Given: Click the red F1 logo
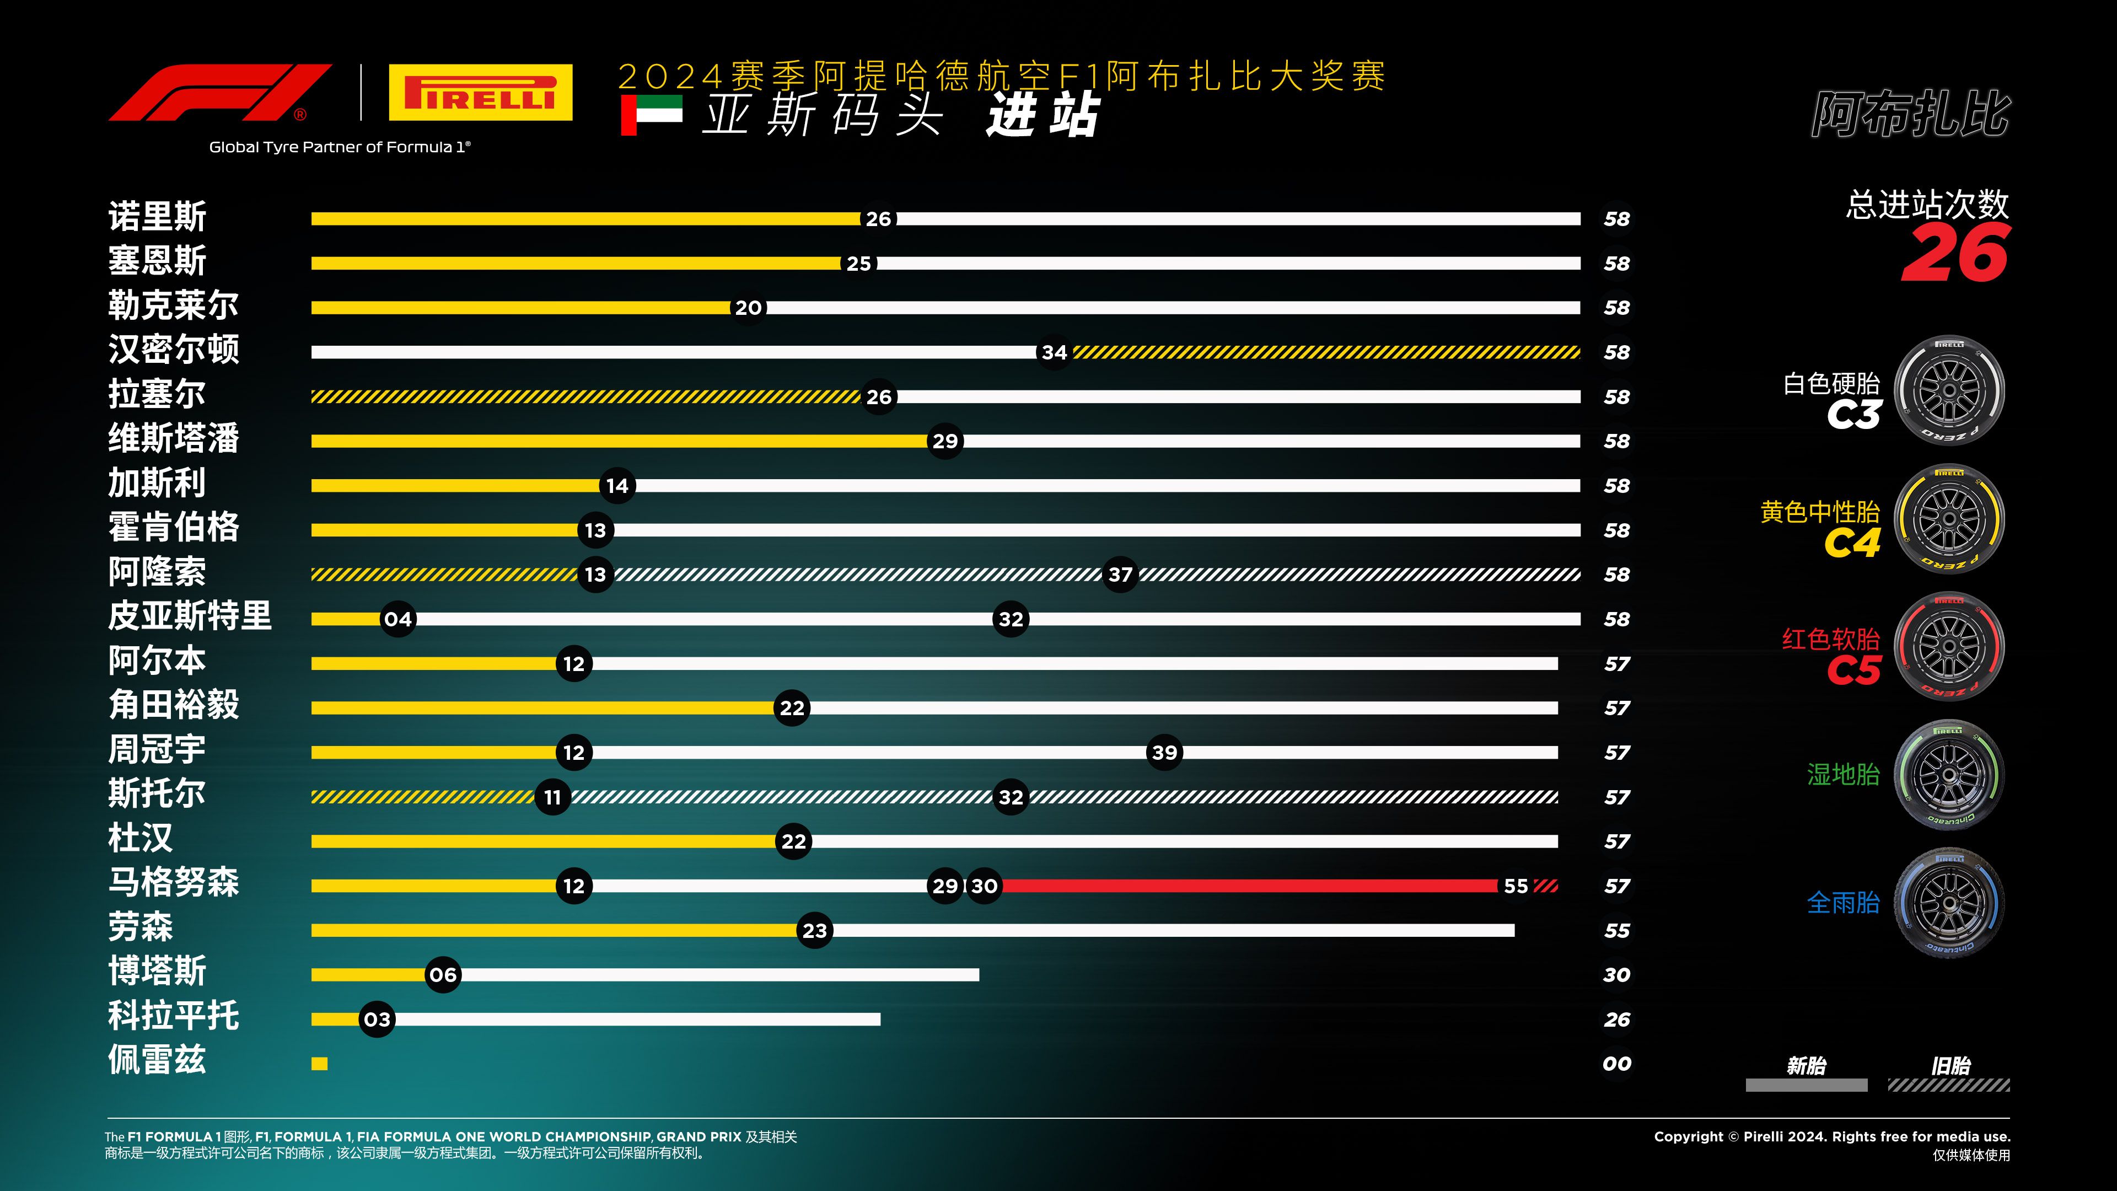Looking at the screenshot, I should tap(221, 93).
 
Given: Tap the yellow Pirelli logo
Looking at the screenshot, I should tap(480, 93).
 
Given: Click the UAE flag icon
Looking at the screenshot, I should tap(651, 114).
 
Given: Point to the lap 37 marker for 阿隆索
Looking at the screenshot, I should tap(1120, 575).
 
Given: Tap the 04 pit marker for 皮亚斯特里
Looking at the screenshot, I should tap(397, 619).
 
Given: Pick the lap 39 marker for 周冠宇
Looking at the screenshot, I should tap(1164, 752).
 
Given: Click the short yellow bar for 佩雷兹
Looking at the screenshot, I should tap(320, 1064).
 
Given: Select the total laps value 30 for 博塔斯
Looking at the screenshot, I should tap(1616, 975).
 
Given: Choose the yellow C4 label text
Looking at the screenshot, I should tap(1852, 543).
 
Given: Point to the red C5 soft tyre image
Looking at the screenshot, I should tap(1949, 647).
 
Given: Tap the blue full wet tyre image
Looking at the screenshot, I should tap(1949, 903).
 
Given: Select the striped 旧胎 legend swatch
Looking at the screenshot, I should tap(1948, 1085).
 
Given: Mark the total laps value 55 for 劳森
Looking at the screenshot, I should tap(1616, 930).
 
